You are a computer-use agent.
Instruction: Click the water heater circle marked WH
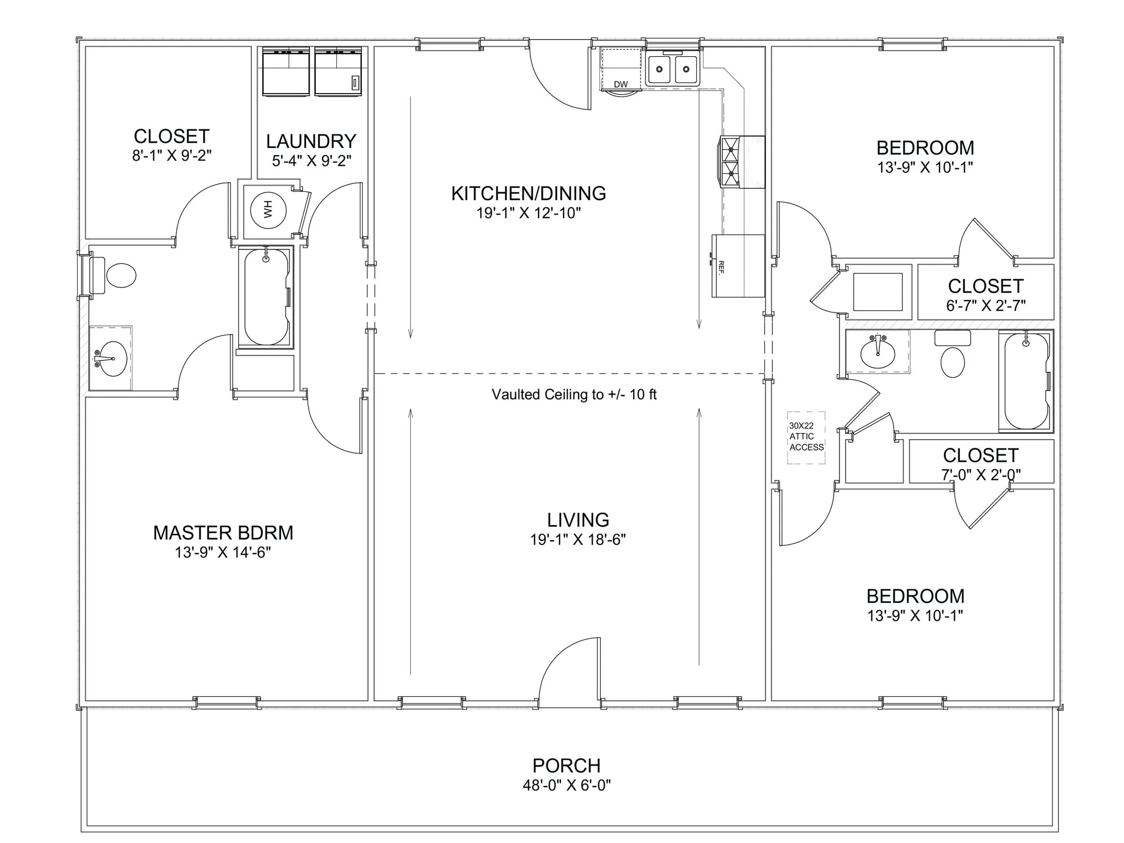pos(268,210)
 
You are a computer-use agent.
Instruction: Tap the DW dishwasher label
pos(620,85)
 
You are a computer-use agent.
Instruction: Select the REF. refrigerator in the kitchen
pos(737,266)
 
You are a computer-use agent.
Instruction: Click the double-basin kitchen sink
pos(672,69)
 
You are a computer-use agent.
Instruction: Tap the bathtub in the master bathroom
pos(266,297)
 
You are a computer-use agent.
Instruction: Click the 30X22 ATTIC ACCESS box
pos(806,437)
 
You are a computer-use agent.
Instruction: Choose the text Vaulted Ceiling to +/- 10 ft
pos(574,394)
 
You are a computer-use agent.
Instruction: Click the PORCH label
pos(566,765)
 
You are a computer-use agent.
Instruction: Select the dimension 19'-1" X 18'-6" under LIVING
pos(578,540)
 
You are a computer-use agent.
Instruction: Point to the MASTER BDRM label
pos(223,532)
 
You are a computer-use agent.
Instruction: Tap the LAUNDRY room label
pos(311,141)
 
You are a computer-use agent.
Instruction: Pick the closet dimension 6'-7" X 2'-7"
pos(985,305)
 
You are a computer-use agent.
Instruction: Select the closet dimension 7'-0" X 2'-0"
pos(980,475)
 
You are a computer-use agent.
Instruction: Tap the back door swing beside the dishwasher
pos(559,79)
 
